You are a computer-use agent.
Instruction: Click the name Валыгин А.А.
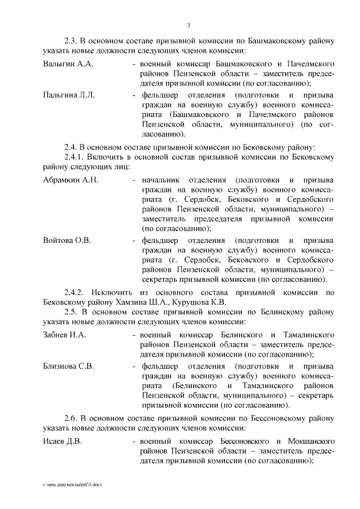67,64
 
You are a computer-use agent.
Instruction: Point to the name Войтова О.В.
67,240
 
